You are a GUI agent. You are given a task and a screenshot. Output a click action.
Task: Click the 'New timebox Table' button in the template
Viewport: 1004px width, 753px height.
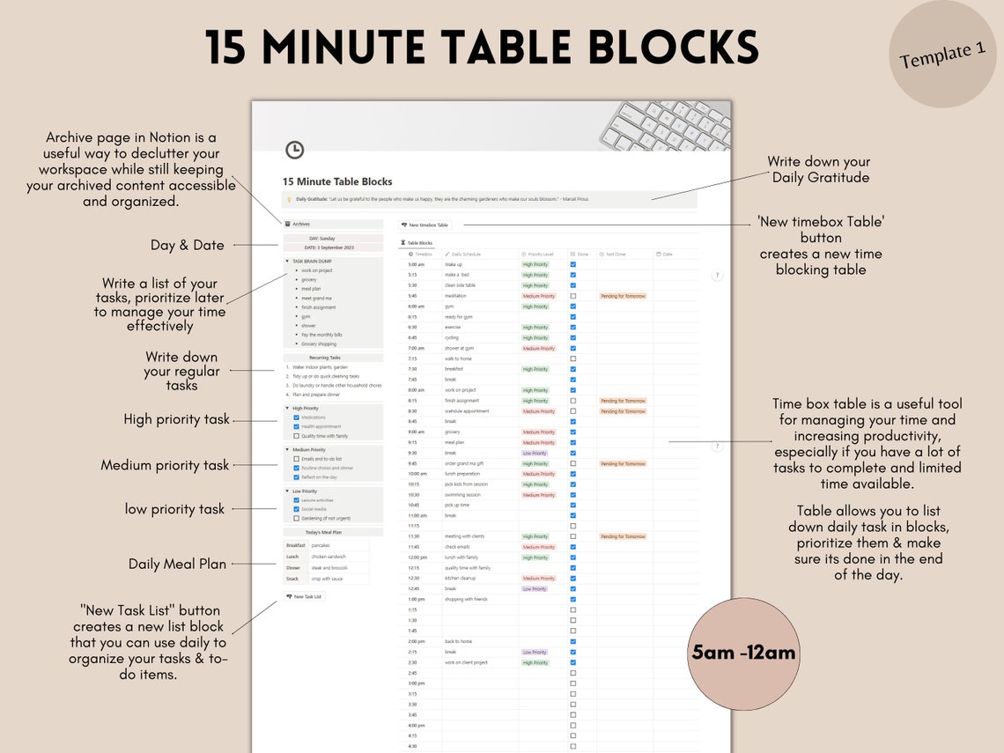[x=425, y=225]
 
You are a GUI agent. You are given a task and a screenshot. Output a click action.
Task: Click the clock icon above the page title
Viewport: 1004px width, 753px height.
[x=295, y=151]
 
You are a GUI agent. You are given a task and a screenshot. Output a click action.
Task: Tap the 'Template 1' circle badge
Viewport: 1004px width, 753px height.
[x=942, y=55]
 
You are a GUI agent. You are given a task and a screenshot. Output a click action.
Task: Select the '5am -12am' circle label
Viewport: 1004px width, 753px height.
[x=743, y=653]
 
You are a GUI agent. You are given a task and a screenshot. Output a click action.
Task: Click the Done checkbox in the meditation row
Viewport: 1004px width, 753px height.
[x=573, y=296]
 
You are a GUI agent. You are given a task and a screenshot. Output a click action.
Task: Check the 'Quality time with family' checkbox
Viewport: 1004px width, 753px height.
[x=296, y=436]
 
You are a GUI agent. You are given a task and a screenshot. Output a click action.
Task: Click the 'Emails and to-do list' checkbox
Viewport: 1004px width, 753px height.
[x=296, y=459]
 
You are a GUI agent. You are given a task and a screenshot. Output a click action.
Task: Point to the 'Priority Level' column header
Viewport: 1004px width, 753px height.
[x=539, y=254]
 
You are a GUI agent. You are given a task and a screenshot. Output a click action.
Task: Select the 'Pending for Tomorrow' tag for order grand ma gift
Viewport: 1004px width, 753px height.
[x=623, y=463]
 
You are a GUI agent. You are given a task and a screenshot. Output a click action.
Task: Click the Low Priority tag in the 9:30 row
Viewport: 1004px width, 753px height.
[x=534, y=453]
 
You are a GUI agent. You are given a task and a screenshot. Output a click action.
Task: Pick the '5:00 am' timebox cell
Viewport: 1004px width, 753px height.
[x=417, y=264]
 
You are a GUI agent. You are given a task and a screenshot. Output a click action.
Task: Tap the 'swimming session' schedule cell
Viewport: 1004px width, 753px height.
[x=462, y=495]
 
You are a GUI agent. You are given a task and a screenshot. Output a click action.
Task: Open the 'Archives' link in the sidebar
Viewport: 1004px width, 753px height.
[x=300, y=225]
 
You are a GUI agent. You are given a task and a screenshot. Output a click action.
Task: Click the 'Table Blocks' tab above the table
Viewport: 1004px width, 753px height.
[x=418, y=242]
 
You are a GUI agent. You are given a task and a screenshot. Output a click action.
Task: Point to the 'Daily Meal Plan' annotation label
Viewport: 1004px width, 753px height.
[x=177, y=564]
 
